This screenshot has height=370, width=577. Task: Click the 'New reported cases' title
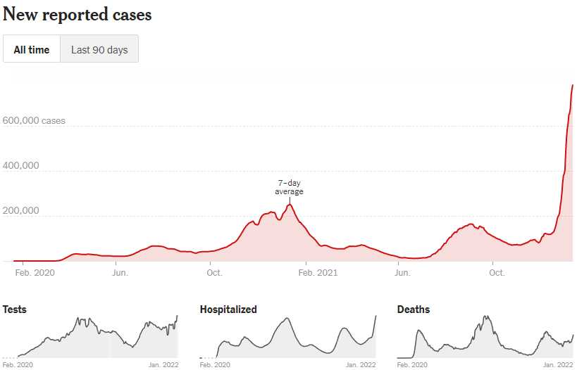(77, 14)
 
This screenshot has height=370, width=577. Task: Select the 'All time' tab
(32, 50)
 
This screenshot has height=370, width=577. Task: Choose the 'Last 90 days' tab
(99, 50)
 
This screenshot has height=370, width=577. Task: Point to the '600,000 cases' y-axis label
(34, 121)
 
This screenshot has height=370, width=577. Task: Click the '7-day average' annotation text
(289, 187)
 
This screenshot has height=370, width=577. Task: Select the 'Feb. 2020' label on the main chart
(35, 273)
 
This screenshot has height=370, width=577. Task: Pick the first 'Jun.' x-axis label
(120, 273)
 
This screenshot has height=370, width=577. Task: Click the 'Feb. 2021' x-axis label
(317, 273)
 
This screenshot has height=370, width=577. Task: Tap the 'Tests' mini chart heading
(15, 310)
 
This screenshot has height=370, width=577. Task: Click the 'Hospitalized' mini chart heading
(228, 310)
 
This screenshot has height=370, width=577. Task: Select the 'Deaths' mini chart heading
(414, 310)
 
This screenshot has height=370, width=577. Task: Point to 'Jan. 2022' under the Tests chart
(163, 365)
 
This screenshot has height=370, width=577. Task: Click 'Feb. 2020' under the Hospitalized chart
(216, 365)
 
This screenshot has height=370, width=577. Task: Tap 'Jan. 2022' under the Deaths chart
(558, 365)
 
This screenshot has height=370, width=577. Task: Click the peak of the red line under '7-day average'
(289, 205)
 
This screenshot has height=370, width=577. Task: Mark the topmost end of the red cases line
(572, 85)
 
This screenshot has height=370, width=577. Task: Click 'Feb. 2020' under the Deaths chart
(413, 365)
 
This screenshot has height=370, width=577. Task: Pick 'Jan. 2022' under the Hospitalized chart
(361, 365)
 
